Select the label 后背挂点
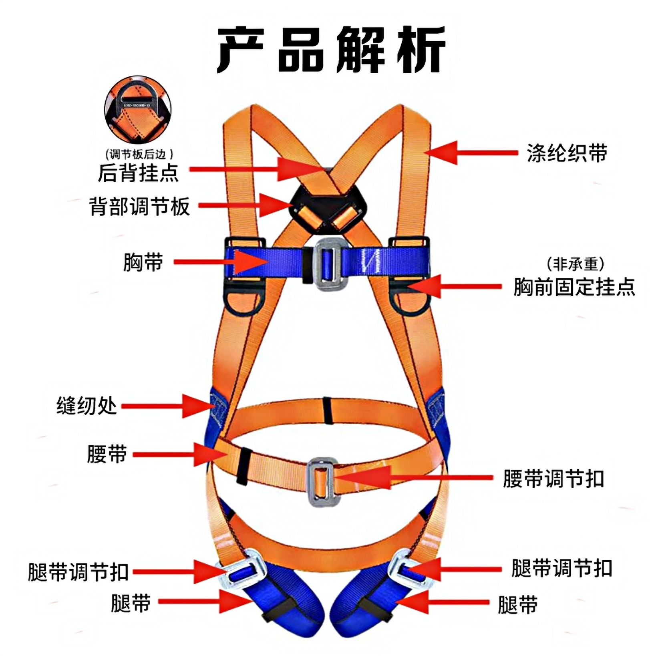coord(138,173)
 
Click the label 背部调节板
coord(139,207)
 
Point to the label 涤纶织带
coord(566,153)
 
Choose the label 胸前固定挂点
coord(574,287)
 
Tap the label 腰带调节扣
coord(553,479)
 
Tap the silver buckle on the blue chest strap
coord(327,263)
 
